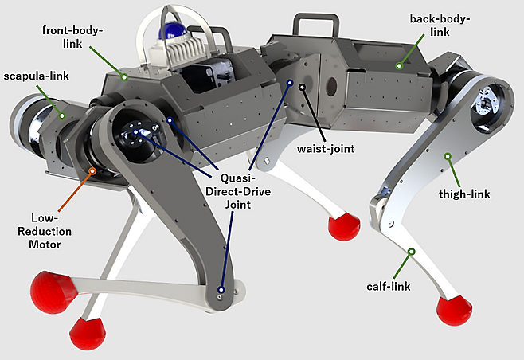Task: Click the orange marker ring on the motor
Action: click(x=94, y=170)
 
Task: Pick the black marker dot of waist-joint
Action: click(x=303, y=108)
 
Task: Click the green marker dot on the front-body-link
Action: click(x=125, y=76)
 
